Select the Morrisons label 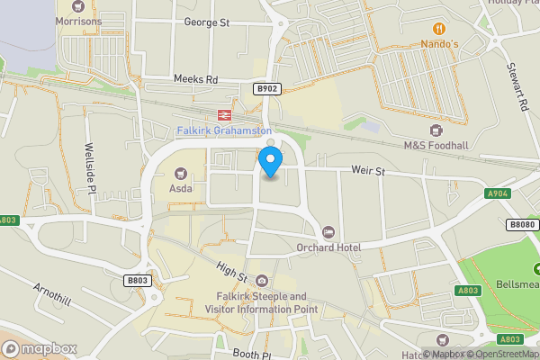(78, 21)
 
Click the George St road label (206, 22)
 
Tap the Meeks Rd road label (196, 80)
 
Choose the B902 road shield (266, 88)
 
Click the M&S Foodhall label (437, 146)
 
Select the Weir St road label (367, 169)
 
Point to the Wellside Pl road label (89, 166)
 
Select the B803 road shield (137, 281)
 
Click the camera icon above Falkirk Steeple (261, 282)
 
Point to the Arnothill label (52, 292)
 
